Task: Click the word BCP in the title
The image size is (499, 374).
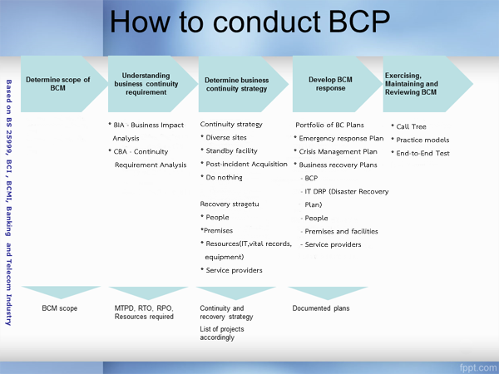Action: [359, 22]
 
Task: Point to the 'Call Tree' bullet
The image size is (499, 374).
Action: [408, 126]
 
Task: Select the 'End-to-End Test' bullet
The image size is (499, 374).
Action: [420, 153]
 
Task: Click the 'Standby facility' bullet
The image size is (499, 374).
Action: [229, 150]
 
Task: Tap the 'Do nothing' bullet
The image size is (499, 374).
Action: [221, 178]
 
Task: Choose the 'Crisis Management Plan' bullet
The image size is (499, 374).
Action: [336, 152]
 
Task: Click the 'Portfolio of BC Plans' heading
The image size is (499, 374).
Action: [329, 125]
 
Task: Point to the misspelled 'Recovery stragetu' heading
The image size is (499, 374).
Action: [230, 204]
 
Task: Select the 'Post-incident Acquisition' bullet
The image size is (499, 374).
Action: [244, 164]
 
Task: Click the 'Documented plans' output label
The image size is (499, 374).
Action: [321, 308]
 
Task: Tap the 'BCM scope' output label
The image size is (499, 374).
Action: [60, 308]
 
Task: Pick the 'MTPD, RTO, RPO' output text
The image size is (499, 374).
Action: [144, 308]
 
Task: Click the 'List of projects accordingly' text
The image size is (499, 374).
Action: [222, 333]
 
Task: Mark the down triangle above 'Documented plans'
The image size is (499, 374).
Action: [328, 293]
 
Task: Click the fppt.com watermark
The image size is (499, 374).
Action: [477, 367]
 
